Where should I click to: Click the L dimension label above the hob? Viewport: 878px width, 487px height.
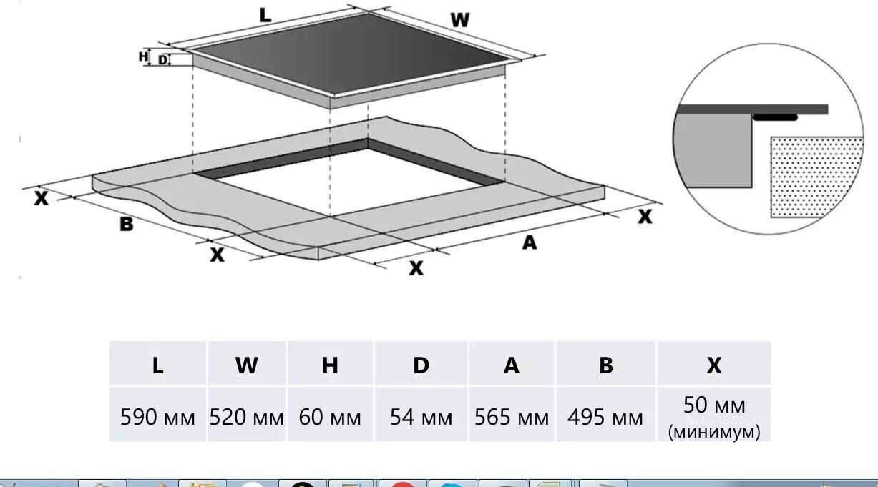[x=265, y=16]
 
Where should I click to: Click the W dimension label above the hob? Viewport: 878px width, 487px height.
[x=460, y=20]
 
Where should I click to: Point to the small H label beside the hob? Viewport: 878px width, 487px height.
[x=143, y=56]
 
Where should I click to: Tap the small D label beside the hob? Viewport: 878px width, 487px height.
[x=162, y=60]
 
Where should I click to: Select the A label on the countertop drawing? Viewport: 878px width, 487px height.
[x=530, y=243]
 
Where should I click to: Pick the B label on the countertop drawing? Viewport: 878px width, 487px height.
[x=126, y=224]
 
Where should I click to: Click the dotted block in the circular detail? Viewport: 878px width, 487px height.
[x=816, y=177]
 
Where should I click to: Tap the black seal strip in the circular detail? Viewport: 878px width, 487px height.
[x=775, y=117]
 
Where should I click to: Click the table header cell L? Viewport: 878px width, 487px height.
[x=157, y=363]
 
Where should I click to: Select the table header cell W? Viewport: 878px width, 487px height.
[x=247, y=363]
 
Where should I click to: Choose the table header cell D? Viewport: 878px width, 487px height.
[x=421, y=363]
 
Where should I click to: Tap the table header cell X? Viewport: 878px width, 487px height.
[x=713, y=363]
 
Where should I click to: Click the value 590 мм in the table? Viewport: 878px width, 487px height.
[x=157, y=417]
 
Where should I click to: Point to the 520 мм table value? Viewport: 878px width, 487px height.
[x=247, y=417]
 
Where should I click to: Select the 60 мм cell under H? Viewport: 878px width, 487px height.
[x=330, y=417]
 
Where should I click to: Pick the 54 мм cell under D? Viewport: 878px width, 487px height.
[x=421, y=417]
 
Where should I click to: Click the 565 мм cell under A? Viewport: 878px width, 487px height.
[x=512, y=417]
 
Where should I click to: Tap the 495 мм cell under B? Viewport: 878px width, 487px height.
[x=605, y=417]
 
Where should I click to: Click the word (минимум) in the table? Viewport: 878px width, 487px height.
[x=714, y=432]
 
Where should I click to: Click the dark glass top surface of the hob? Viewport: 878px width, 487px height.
[x=351, y=53]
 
